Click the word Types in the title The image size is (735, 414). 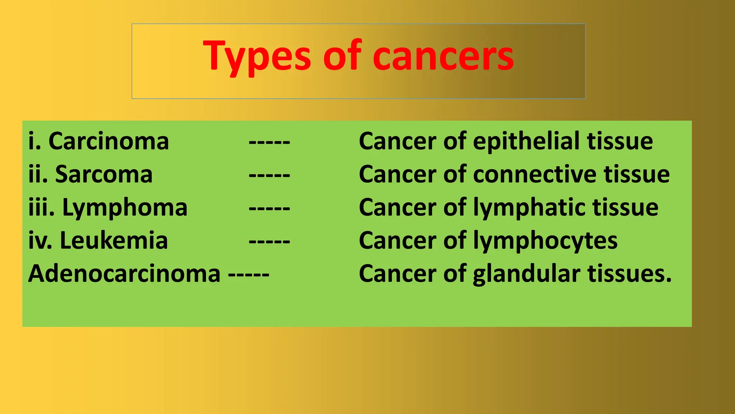point(257,57)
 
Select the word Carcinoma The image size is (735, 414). point(108,141)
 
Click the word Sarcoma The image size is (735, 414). point(104,174)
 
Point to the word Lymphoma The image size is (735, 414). point(125,208)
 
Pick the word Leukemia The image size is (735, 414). point(114,240)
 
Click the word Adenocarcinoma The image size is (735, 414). point(124,274)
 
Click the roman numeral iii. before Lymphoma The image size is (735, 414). point(41,208)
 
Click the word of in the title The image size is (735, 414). point(342,56)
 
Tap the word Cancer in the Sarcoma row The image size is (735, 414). point(398,174)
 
